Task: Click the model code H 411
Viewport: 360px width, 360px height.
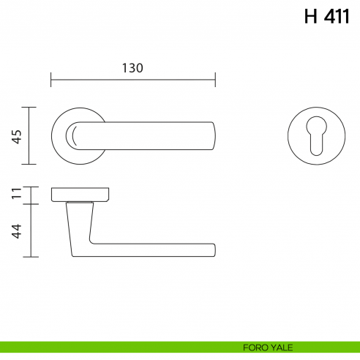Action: (x=327, y=17)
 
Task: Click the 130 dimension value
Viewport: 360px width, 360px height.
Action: (x=132, y=67)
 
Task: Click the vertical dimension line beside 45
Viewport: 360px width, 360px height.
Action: (x=29, y=136)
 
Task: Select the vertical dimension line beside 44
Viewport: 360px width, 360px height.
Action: (x=29, y=230)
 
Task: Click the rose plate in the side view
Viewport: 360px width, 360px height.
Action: (x=80, y=194)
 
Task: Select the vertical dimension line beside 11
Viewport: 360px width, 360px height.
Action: (x=29, y=194)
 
